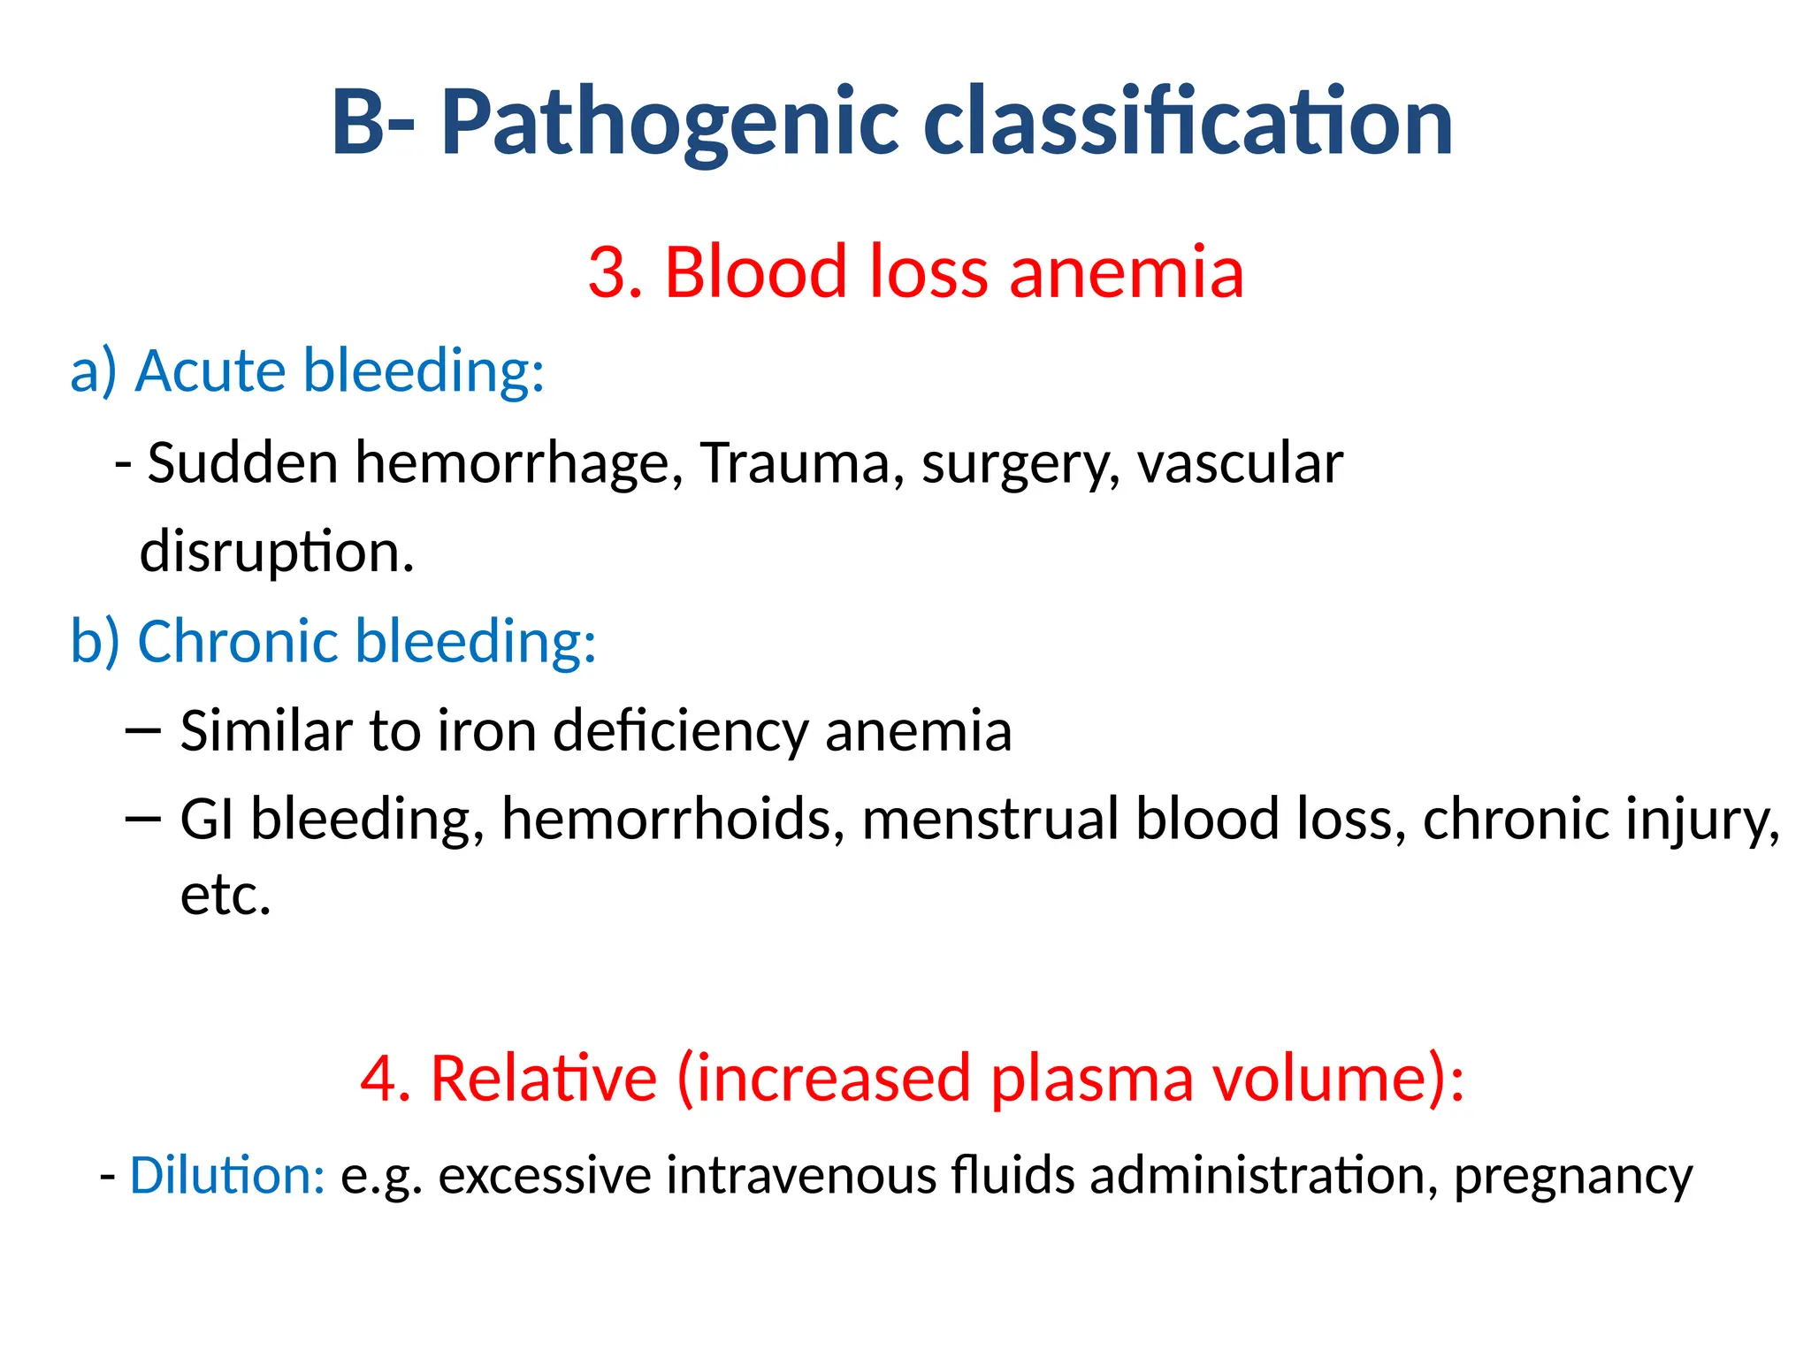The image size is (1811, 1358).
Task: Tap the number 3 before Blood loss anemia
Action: (611, 272)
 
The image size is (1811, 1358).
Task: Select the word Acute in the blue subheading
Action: (210, 370)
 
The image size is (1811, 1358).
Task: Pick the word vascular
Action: (1239, 463)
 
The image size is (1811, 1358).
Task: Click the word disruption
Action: (275, 553)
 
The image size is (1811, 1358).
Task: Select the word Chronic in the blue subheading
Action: (238, 641)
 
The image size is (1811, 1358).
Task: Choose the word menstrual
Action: (991, 820)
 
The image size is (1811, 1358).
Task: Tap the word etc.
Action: (225, 896)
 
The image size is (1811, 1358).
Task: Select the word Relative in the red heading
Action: (543, 1080)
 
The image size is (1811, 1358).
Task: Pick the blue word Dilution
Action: (227, 1177)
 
